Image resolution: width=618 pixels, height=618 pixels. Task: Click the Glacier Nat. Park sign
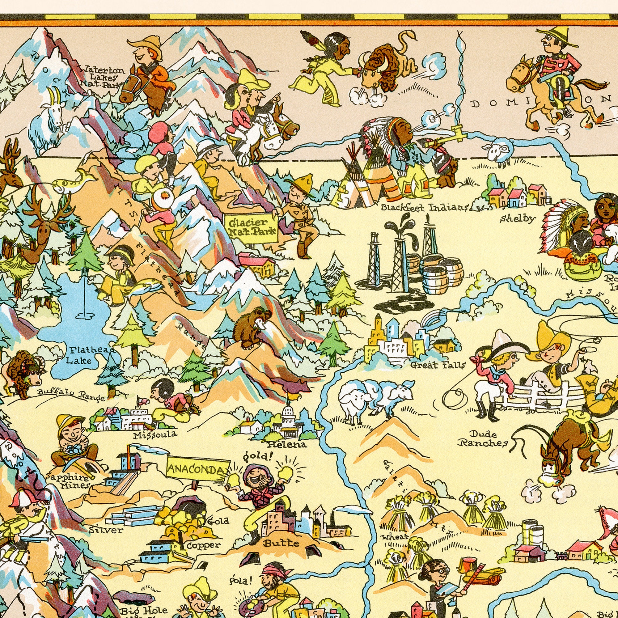[x=252, y=227]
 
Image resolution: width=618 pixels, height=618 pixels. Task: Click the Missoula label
[x=155, y=435]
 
